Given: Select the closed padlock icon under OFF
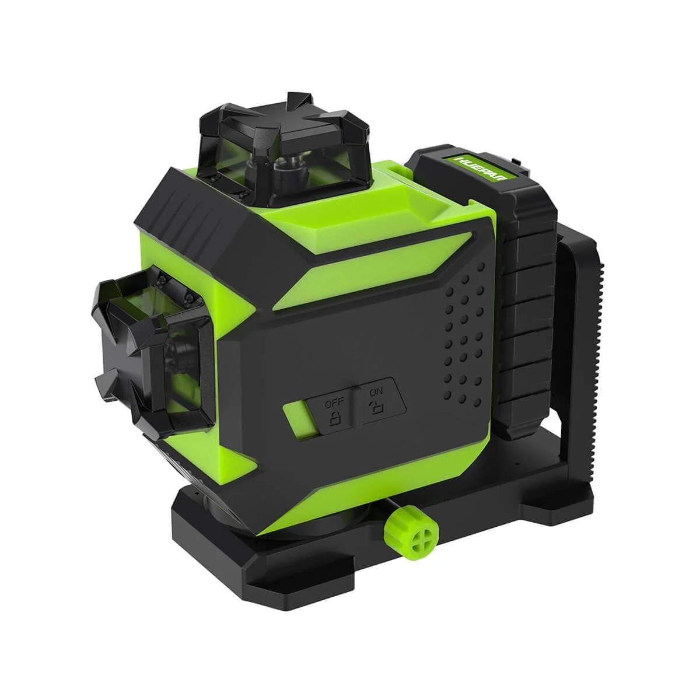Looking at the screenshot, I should [335, 418].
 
